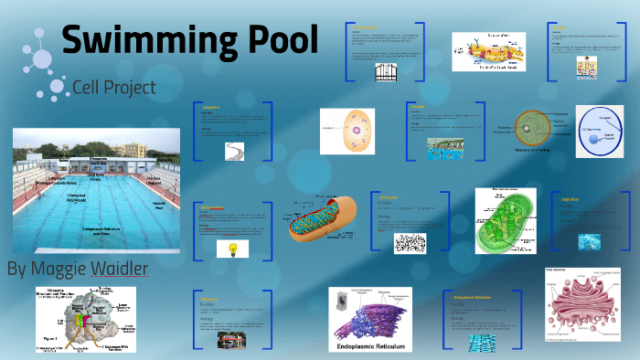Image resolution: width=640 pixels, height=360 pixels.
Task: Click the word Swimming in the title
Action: [136, 42]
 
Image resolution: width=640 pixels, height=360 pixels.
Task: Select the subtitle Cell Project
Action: [114, 88]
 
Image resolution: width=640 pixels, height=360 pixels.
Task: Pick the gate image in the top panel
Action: [385, 72]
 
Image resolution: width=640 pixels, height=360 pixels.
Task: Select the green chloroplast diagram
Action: [505, 221]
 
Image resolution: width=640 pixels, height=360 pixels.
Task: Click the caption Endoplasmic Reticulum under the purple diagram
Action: [378, 348]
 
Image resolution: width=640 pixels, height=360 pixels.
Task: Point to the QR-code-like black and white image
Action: [411, 243]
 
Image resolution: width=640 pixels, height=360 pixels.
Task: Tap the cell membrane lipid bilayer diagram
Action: [489, 52]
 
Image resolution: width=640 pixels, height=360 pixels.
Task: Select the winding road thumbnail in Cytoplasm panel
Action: [235, 152]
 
